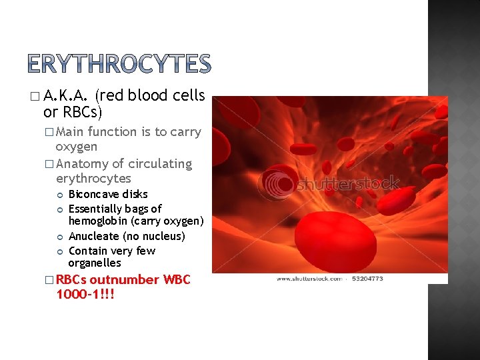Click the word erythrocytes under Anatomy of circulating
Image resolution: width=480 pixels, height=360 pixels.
[x=93, y=179]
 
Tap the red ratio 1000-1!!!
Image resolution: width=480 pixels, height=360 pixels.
[x=85, y=294]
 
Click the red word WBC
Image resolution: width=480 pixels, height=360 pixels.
[x=177, y=279]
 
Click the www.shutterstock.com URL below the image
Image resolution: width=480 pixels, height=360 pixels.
[x=307, y=279]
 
